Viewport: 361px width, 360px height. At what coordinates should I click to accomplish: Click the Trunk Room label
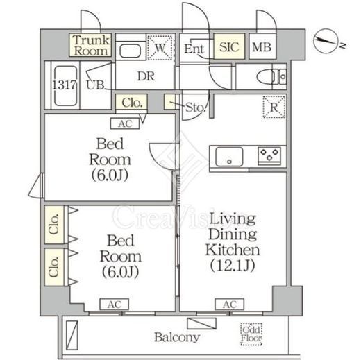(x=91, y=46)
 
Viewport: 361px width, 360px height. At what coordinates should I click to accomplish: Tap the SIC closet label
(x=229, y=47)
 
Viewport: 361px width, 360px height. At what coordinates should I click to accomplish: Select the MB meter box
(x=262, y=46)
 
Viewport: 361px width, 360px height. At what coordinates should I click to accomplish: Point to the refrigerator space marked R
(x=274, y=107)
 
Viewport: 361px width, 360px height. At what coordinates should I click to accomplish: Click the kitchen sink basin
(x=229, y=157)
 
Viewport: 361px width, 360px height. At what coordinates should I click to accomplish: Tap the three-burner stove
(x=269, y=155)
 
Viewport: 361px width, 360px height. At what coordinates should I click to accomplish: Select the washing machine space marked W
(x=160, y=47)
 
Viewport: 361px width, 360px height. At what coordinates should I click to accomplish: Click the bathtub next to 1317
(x=66, y=86)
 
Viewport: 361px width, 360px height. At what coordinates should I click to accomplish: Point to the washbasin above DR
(x=131, y=51)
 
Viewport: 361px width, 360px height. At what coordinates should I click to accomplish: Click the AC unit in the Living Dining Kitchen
(x=230, y=305)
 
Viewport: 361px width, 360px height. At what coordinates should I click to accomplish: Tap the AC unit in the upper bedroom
(x=125, y=123)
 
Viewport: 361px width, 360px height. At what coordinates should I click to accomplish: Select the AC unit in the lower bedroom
(x=114, y=305)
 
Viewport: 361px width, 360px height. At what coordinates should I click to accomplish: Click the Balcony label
(x=177, y=337)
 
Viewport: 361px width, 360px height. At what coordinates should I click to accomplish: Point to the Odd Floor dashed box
(x=251, y=334)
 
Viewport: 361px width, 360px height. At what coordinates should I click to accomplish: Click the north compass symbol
(x=326, y=41)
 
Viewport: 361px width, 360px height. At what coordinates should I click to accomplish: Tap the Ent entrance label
(x=194, y=49)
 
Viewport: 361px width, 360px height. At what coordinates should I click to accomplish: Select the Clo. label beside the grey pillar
(x=132, y=103)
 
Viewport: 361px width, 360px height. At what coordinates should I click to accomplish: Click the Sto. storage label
(x=196, y=108)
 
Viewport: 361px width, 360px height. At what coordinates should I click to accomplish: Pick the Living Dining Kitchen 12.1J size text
(x=233, y=266)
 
